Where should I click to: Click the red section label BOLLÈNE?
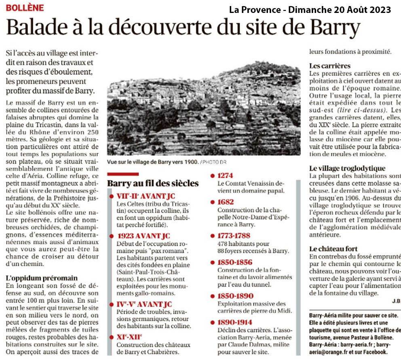tap(25, 7)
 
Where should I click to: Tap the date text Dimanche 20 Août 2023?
tap(340, 9)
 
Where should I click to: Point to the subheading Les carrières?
tap(330, 66)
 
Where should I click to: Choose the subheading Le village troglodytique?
tap(348, 168)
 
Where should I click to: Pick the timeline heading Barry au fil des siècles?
tap(153, 183)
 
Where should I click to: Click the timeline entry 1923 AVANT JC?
tap(144, 236)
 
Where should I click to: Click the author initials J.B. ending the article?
tap(396, 301)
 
